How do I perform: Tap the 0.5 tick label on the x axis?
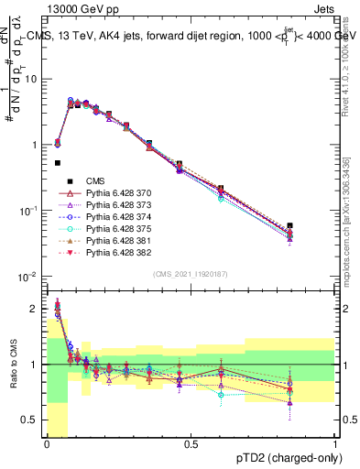[x=191, y=444]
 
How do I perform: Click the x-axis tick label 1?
[x=334, y=444]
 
